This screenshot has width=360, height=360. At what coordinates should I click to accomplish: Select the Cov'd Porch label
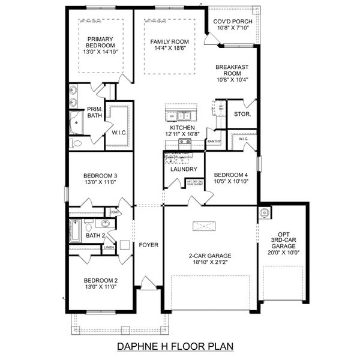click(x=233, y=22)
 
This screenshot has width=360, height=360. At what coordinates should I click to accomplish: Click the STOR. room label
click(x=242, y=113)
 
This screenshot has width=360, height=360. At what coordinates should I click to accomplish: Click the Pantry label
click(x=214, y=142)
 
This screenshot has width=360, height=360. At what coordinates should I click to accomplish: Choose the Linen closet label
click(x=109, y=247)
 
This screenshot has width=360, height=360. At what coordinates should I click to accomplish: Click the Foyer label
click(x=148, y=245)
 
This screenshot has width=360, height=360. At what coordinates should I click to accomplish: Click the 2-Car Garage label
click(x=207, y=256)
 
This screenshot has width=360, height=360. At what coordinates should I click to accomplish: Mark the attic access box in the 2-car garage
click(x=202, y=226)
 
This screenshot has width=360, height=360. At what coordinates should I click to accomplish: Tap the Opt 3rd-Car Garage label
click(x=283, y=240)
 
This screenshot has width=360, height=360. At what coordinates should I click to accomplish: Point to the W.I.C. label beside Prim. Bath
click(x=119, y=131)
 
